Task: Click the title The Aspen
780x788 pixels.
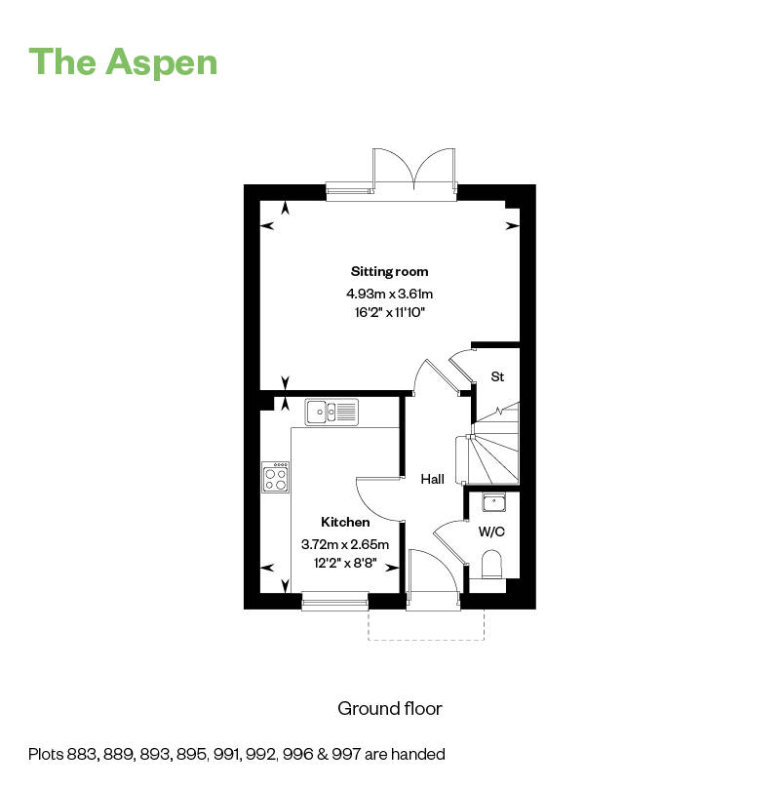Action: [123, 61]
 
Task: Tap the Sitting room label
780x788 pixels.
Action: [389, 271]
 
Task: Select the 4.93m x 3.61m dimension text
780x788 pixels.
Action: [389, 293]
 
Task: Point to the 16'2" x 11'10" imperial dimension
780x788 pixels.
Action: [389, 312]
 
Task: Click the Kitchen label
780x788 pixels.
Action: [346, 523]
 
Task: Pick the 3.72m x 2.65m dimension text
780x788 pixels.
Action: [346, 544]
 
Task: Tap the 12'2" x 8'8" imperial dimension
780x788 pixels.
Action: [346, 564]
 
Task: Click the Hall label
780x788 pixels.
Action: [432, 479]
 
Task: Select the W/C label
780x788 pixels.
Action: [490, 532]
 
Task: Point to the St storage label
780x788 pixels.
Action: [497, 376]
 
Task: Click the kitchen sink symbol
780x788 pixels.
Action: [331, 412]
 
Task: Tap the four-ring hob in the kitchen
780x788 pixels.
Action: [276, 476]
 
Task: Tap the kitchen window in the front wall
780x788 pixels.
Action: [335, 603]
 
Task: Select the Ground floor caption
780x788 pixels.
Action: [389, 708]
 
